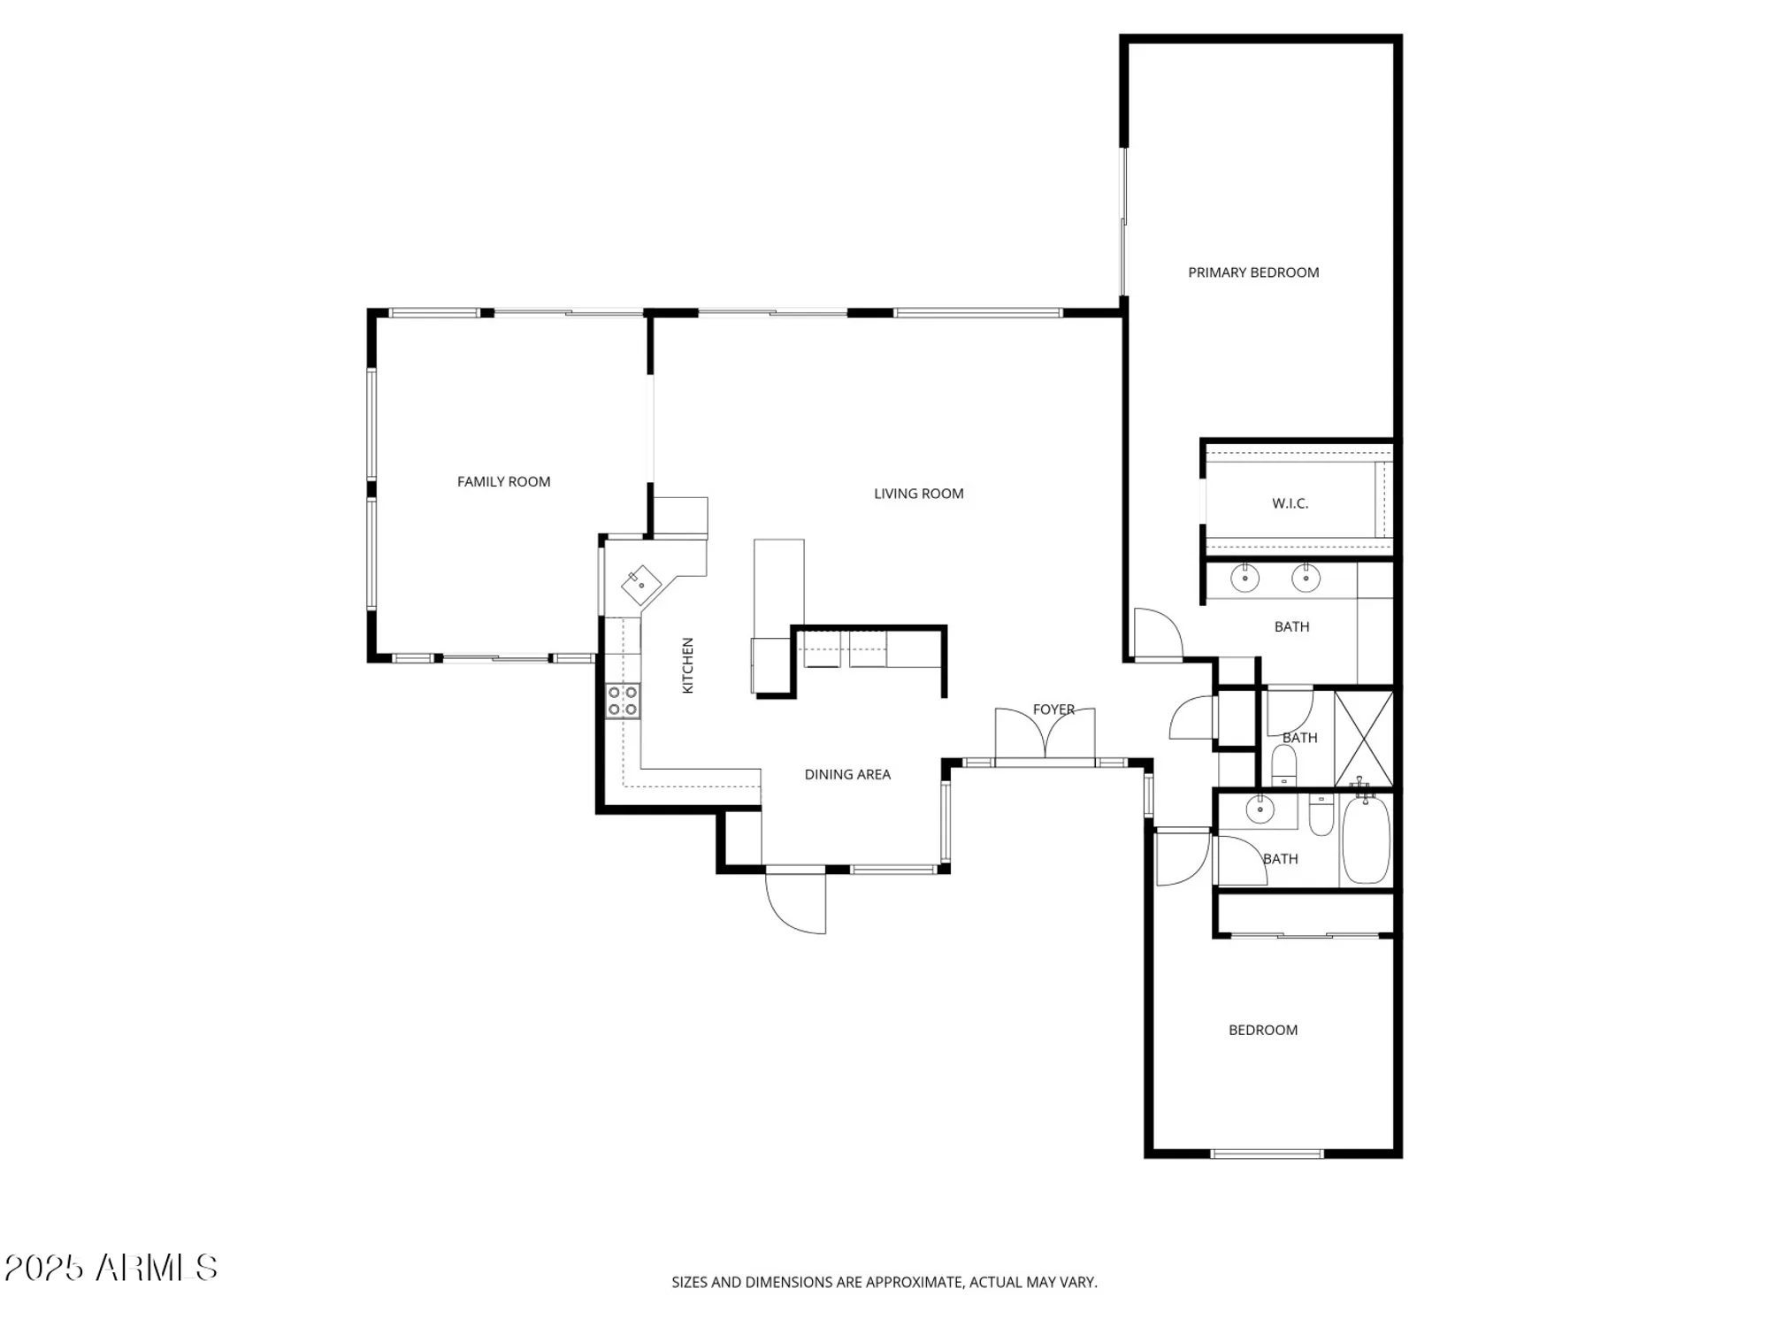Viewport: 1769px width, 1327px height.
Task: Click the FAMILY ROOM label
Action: click(503, 481)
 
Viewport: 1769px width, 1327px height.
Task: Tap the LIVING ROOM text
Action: click(918, 494)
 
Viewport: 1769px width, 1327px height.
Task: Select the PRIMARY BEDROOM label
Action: click(1252, 272)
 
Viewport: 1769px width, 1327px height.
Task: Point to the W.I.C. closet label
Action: click(1290, 503)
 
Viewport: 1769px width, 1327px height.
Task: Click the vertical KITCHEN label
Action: click(688, 665)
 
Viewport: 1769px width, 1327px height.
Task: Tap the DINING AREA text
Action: click(846, 774)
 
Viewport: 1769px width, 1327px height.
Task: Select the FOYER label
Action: click(1053, 710)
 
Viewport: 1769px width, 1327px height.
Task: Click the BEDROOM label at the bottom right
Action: click(1262, 1030)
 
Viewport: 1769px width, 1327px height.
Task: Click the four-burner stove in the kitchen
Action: click(623, 701)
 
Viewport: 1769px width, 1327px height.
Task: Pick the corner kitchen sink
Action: click(641, 585)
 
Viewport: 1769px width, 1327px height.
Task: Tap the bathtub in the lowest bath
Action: click(1366, 839)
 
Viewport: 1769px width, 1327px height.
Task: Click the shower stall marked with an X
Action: click(1363, 739)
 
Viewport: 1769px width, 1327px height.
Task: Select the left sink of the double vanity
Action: click(1244, 579)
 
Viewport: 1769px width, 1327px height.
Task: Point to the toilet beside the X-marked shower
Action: click(1283, 764)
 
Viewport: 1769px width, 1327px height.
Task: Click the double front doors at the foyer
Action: click(1045, 734)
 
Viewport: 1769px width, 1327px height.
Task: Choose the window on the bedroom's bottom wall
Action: click(1266, 1154)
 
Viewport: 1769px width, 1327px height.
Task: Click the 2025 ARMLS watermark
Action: click(111, 1268)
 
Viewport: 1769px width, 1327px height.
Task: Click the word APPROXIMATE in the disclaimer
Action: click(914, 1282)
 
